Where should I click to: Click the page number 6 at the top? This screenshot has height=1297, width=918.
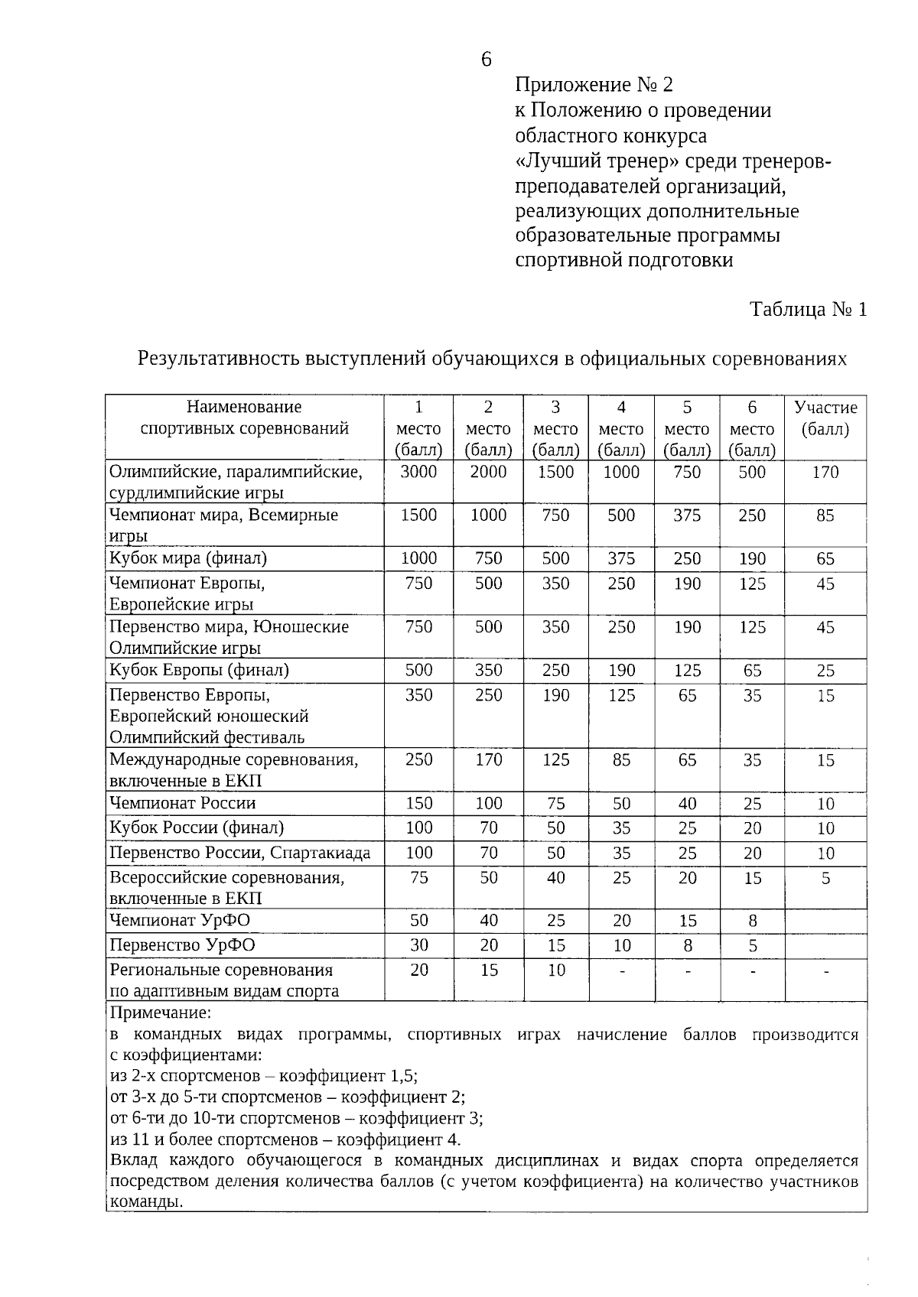(x=487, y=60)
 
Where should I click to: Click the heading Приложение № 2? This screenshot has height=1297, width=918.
(x=594, y=84)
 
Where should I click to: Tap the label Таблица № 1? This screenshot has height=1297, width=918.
(x=809, y=310)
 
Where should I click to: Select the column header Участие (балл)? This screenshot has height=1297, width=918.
(x=825, y=418)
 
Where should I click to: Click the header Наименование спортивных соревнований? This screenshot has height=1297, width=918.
(x=244, y=418)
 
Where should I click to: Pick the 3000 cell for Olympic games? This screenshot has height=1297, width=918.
(x=418, y=473)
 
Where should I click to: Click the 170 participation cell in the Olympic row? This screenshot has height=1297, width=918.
(x=825, y=473)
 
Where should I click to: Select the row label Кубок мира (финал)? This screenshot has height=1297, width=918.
(x=188, y=558)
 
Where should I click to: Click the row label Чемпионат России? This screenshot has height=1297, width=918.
(x=183, y=803)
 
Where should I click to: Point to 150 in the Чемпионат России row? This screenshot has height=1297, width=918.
(x=418, y=804)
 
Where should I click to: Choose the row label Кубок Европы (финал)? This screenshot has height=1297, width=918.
(x=199, y=670)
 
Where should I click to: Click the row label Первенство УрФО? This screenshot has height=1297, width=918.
(x=182, y=945)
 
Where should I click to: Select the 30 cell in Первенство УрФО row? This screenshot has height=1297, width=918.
(x=418, y=945)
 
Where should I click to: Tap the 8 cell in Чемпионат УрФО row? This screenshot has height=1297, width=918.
(x=753, y=921)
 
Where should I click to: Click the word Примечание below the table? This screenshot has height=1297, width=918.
(x=160, y=1013)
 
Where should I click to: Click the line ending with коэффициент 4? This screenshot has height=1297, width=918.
(x=285, y=1139)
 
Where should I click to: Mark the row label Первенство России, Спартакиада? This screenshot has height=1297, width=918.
(x=240, y=853)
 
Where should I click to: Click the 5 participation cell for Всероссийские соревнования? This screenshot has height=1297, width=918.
(x=825, y=879)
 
